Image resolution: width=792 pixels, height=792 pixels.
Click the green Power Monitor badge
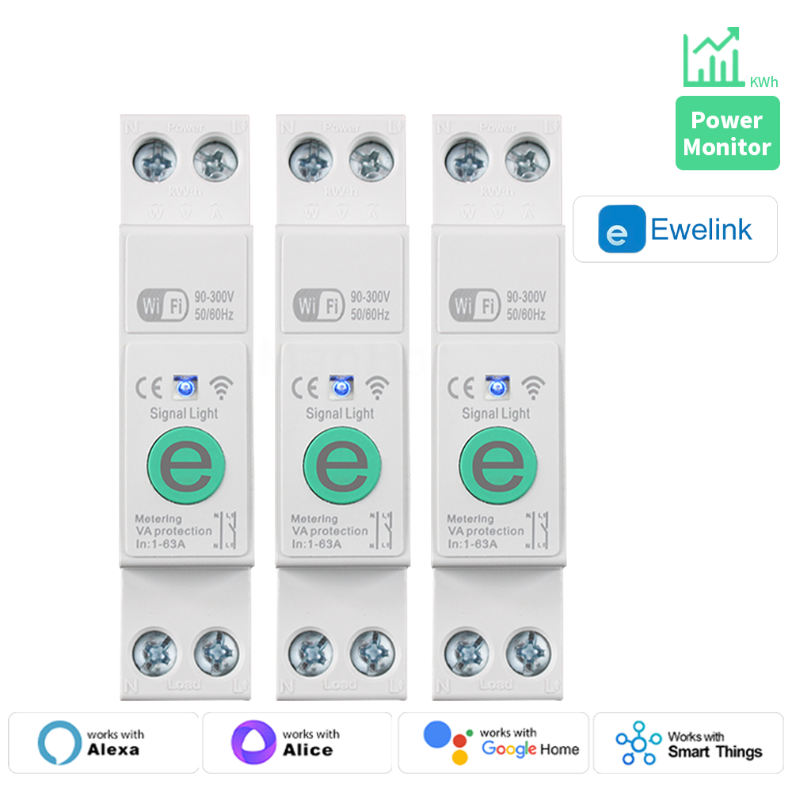[727, 133]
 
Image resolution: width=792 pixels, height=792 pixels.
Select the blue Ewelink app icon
[622, 229]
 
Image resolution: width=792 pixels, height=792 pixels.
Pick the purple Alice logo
[253, 742]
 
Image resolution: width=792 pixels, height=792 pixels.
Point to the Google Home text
[530, 748]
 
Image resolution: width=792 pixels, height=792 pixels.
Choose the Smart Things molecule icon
[638, 743]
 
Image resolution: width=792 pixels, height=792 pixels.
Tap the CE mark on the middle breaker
[304, 387]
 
